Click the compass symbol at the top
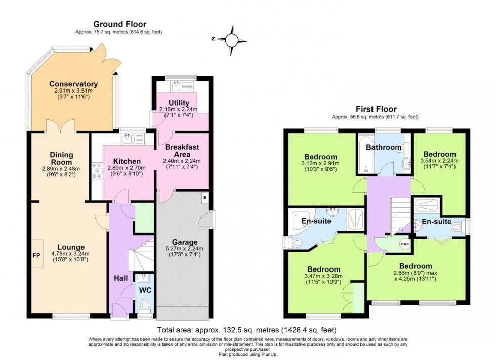point(232,40)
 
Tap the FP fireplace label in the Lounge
point(36,255)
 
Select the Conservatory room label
point(73,84)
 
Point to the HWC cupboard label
point(404,244)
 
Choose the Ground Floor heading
point(119,24)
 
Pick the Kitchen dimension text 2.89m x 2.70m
point(124,168)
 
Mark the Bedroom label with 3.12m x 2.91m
point(320,156)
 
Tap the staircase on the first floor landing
point(400,212)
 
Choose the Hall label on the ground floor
point(120,278)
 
